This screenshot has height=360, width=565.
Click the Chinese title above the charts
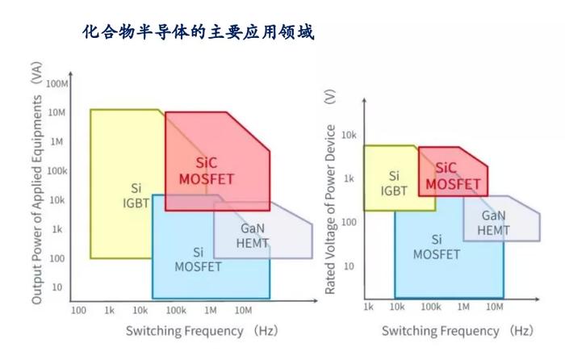pos(199,32)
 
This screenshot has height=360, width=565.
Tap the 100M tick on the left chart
pos(57,84)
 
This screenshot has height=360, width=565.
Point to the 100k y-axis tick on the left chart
pos(57,171)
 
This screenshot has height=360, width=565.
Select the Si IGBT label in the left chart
pos(136,195)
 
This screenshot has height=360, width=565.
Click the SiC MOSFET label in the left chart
pos(207,171)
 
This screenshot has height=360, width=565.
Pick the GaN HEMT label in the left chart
pos(253,236)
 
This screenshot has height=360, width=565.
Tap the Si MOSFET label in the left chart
pos(198,259)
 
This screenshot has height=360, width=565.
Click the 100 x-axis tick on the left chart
pos(78,310)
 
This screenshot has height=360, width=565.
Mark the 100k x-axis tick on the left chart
pos(176,310)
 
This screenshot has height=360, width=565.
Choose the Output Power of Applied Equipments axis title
pos(37,183)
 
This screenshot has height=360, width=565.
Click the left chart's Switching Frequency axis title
pos(202,331)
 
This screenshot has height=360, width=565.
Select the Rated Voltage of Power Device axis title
pos(330,192)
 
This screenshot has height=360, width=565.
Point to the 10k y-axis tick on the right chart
pos(349,135)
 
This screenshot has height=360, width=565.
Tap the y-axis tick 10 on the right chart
pos(349,266)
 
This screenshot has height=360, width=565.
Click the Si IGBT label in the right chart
pos(394,183)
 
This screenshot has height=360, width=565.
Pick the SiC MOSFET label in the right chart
pos(453,176)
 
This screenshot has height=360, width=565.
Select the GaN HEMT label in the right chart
pos(493,223)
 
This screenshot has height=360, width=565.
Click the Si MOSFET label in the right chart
pos(437,247)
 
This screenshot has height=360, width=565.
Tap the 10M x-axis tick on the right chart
pos(494,307)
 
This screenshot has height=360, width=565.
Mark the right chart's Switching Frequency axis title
pos(458,331)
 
